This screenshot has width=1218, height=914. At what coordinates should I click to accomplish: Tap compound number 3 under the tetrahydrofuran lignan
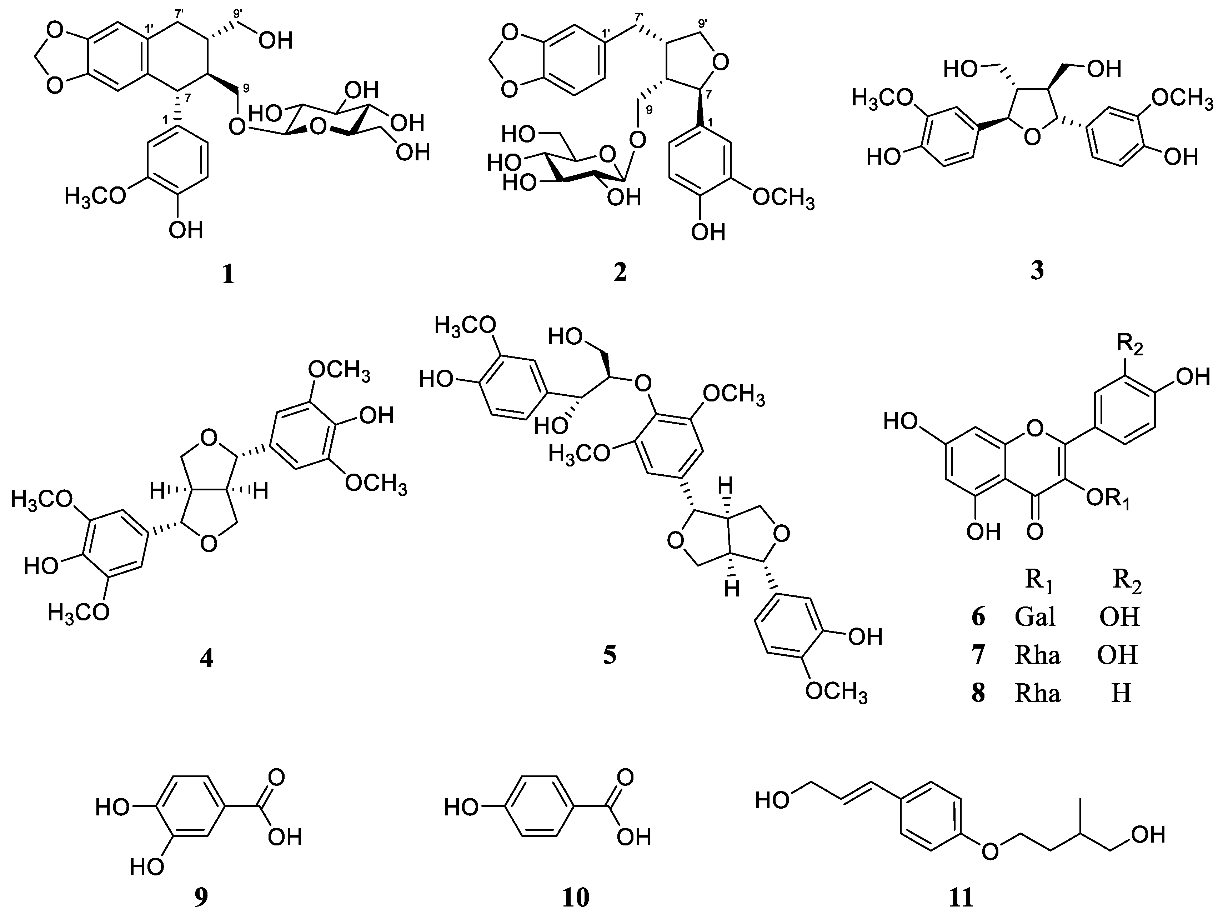pos(1037,270)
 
